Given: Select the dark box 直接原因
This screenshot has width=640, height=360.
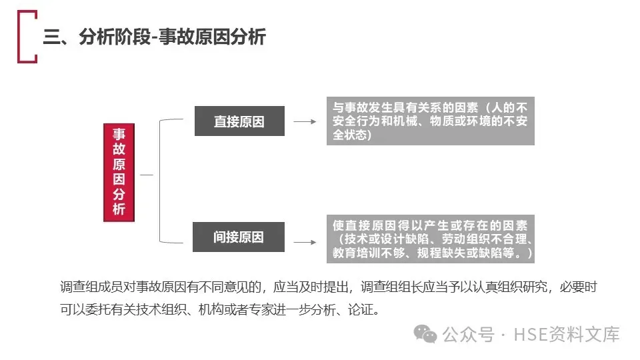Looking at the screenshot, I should tap(239, 121).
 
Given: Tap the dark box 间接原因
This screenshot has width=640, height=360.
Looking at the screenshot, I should tap(239, 237).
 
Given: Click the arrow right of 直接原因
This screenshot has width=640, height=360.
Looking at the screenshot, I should tap(305, 122).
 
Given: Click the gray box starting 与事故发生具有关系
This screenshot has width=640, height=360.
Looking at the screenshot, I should tap(430, 121).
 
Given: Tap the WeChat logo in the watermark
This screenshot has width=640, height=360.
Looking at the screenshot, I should tap(424, 333).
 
